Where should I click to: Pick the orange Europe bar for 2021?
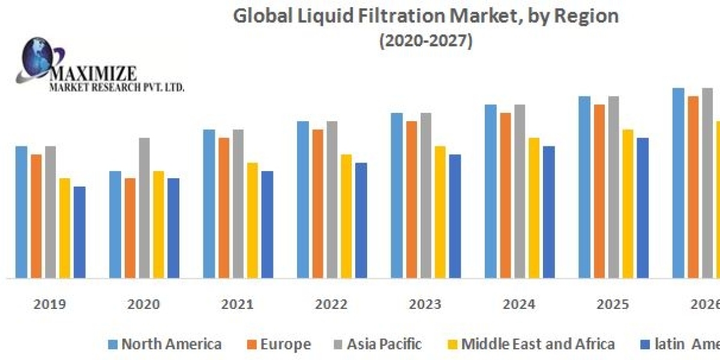(224, 208)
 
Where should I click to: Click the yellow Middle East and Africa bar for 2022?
(347, 216)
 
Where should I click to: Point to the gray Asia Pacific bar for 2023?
(425, 195)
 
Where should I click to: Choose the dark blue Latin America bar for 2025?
(643, 208)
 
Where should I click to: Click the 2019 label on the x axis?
(50, 304)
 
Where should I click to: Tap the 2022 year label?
(331, 304)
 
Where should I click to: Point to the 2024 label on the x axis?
(519, 304)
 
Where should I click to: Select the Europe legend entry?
(285, 344)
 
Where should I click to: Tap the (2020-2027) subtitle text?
(426, 41)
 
